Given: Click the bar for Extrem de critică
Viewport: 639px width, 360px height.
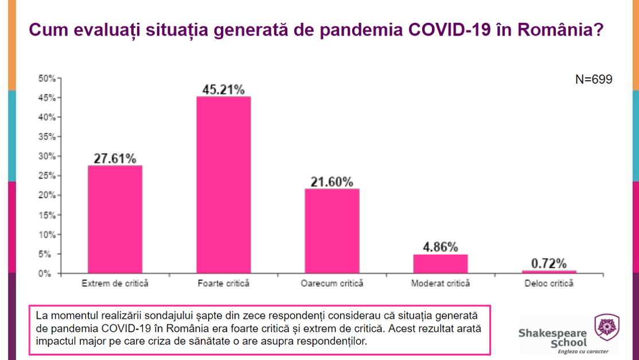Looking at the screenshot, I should point(115,219).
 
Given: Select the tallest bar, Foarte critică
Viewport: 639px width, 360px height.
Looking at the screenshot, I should point(224,185).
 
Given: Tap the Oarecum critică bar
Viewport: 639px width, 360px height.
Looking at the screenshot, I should point(332,230).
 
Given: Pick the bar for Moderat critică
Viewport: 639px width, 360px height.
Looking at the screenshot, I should point(441,264).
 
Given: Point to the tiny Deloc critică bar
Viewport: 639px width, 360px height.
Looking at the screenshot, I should point(549,272).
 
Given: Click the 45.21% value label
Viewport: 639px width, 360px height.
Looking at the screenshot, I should point(224,89).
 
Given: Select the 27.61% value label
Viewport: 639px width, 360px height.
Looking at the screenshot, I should point(115,158).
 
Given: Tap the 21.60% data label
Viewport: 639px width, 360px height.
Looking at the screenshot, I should point(332,182).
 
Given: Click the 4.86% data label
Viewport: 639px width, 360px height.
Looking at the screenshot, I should point(441,247).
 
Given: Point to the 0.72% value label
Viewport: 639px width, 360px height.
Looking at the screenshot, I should point(549,264).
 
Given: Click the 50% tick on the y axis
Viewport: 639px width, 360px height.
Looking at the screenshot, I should point(46,78).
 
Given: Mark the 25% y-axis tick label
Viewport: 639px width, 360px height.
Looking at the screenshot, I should point(46,175).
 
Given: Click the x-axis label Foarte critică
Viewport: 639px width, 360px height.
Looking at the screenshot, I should point(224,283).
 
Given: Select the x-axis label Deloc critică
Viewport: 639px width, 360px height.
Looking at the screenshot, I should point(549,283).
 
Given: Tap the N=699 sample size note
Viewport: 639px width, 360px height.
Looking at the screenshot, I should point(594,80).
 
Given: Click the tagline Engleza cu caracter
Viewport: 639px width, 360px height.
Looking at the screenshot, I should point(585,351).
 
